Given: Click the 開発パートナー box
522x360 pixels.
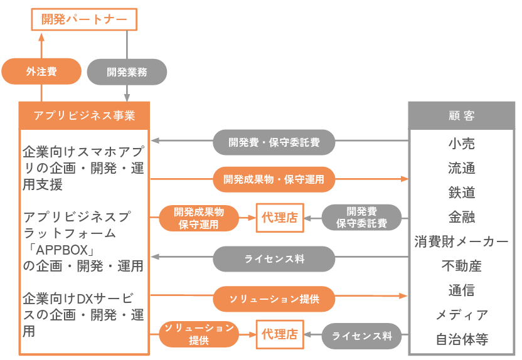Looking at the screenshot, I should click(x=84, y=19).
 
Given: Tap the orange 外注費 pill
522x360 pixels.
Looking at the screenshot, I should click(x=41, y=71).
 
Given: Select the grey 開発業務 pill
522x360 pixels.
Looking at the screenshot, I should click(x=127, y=71).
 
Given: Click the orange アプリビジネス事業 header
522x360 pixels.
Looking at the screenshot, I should click(x=84, y=115).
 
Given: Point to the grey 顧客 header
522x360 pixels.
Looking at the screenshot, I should click(x=461, y=115).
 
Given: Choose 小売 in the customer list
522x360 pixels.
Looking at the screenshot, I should click(x=461, y=144).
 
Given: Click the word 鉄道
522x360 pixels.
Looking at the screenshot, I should click(x=461, y=193).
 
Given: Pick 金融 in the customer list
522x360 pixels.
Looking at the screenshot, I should click(x=461, y=217).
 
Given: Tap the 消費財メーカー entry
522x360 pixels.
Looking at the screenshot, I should click(x=461, y=241).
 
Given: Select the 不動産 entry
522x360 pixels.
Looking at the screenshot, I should click(x=461, y=266).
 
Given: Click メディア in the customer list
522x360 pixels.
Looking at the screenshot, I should click(x=461, y=315).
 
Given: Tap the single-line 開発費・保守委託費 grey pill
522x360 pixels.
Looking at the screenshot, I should click(x=274, y=143).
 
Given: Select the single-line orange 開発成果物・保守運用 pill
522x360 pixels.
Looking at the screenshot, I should click(x=274, y=179).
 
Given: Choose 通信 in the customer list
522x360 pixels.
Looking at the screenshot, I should click(x=461, y=290).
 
